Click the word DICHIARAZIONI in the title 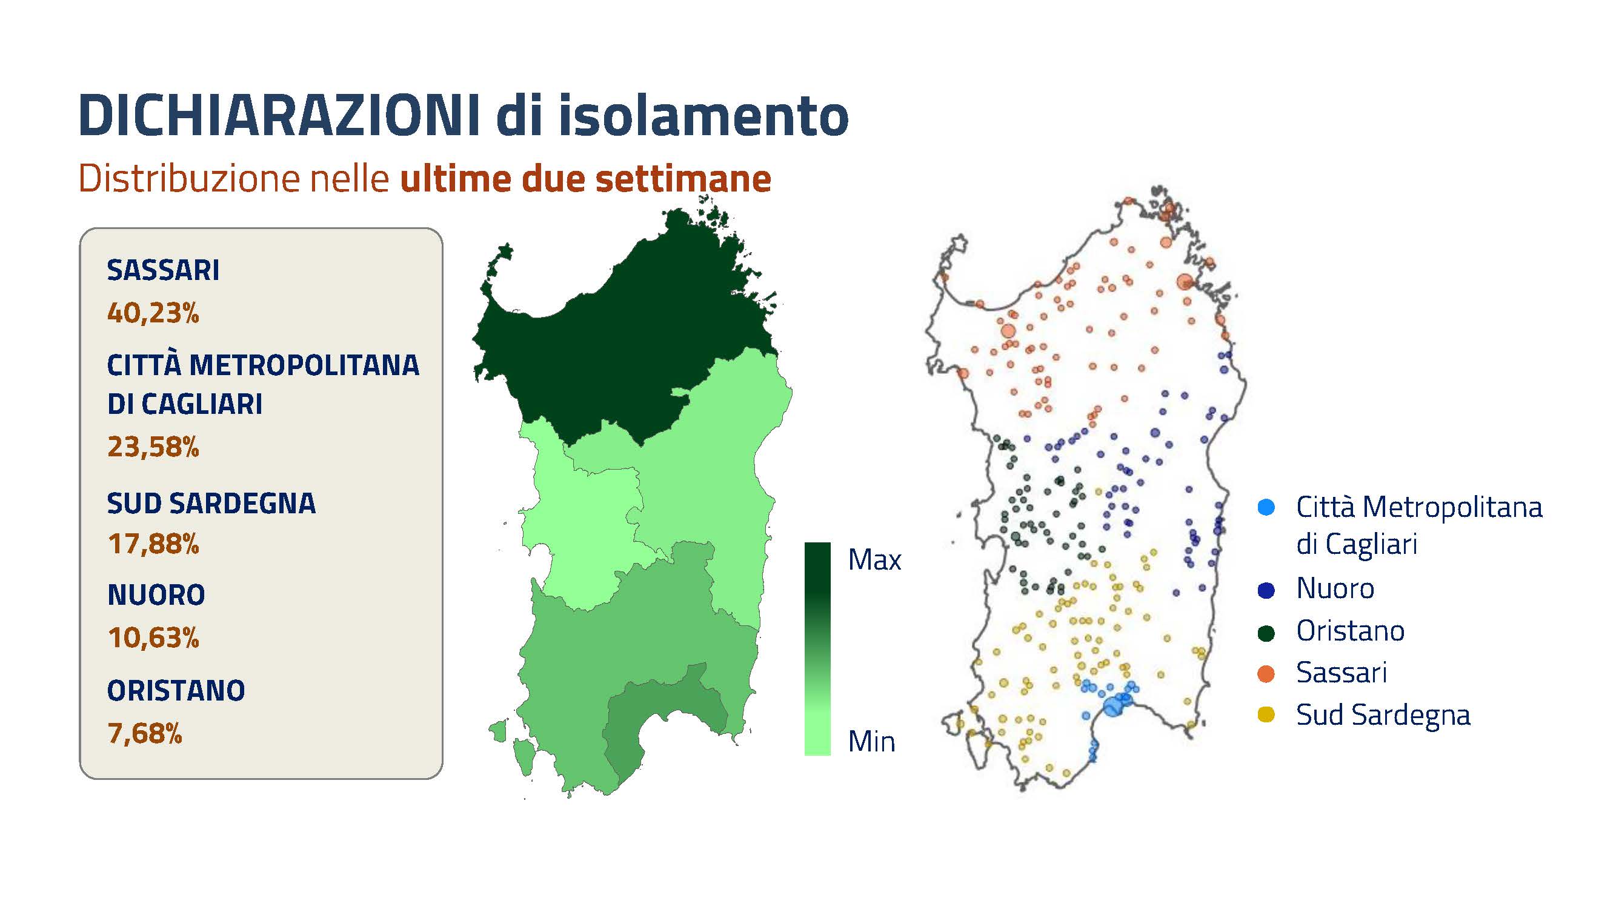click(279, 115)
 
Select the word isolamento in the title click(703, 115)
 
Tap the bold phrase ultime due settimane click(586, 179)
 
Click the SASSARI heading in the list click(163, 270)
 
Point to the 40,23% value click(153, 313)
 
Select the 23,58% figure click(153, 447)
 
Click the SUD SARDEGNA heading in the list click(211, 504)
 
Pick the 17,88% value click(153, 544)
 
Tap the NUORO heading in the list click(156, 594)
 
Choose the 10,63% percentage click(153, 638)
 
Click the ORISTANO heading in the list click(176, 691)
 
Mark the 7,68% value click(145, 733)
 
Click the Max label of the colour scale click(874, 559)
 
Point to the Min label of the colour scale click(871, 742)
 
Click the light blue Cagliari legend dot click(1266, 507)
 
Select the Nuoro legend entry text click(1335, 589)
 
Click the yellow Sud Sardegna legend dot click(1266, 714)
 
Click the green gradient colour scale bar click(817, 648)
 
